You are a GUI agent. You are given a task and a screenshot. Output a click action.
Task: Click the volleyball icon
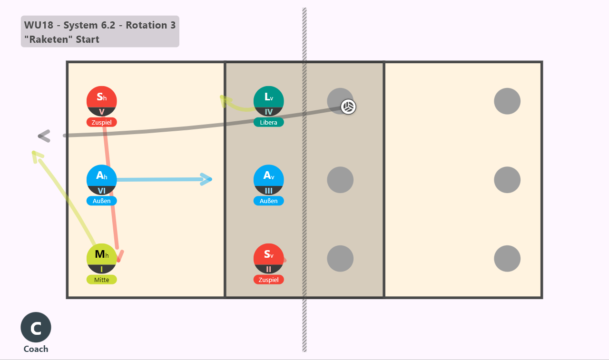(x=348, y=107)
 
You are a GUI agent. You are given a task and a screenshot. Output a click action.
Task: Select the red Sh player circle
(x=102, y=101)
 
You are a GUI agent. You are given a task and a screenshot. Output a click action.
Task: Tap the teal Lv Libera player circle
(x=269, y=101)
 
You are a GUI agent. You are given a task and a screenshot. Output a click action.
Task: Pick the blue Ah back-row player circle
(x=102, y=180)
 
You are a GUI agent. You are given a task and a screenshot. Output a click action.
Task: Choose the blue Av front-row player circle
(x=269, y=180)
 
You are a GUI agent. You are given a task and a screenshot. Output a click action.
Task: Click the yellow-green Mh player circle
(x=102, y=258)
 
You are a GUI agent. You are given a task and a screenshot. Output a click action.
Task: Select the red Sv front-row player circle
(x=269, y=258)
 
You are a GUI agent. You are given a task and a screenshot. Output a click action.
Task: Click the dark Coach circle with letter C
(x=36, y=327)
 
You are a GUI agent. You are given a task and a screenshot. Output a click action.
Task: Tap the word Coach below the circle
(x=36, y=349)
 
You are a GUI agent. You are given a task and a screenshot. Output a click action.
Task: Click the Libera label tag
(x=269, y=122)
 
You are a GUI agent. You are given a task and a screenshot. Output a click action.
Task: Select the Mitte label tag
(x=102, y=280)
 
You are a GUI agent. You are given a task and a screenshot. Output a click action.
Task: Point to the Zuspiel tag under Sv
(x=269, y=280)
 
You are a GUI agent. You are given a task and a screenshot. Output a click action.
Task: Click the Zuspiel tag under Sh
(x=102, y=122)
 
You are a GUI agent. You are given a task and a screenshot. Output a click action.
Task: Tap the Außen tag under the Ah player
(x=102, y=201)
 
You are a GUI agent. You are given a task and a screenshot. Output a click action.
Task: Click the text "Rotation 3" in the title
(x=151, y=25)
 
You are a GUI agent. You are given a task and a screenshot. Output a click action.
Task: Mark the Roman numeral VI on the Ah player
(x=102, y=191)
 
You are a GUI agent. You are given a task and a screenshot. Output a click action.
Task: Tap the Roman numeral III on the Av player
(x=269, y=191)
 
